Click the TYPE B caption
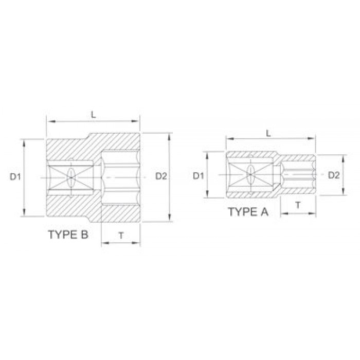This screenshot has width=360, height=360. pyautogui.click(x=68, y=235)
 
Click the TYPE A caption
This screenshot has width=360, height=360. pyautogui.click(x=248, y=212)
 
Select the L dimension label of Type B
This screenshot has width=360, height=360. pyautogui.click(x=93, y=115)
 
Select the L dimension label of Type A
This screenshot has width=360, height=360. pyautogui.click(x=268, y=133)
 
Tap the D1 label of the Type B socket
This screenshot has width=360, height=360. pyautogui.click(x=15, y=177)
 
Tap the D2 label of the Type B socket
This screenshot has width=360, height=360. pyautogui.click(x=161, y=176)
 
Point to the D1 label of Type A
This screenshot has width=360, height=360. pyautogui.click(x=199, y=176)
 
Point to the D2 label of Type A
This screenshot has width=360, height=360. pyautogui.click(x=334, y=175)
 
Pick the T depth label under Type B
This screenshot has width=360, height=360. pyautogui.click(x=121, y=236)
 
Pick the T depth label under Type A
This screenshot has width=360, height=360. pyautogui.click(x=298, y=205)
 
